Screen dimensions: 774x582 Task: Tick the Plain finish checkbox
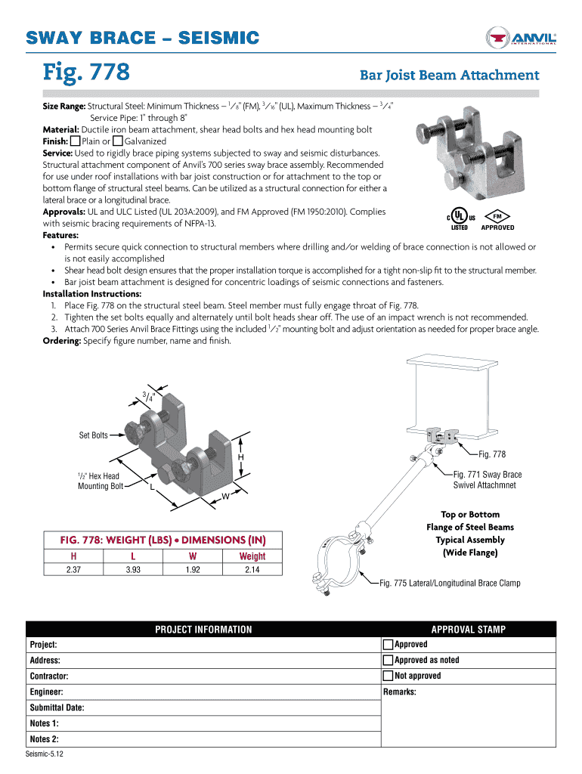click(x=75, y=141)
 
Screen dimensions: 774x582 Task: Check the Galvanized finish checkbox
click(x=117, y=141)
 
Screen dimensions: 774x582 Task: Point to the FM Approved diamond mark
click(x=497, y=215)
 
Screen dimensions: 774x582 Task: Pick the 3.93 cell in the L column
click(x=133, y=569)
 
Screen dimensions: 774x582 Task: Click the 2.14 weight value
click(x=252, y=569)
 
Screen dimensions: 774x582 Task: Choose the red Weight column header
click(x=252, y=556)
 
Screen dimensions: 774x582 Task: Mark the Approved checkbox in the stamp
click(x=389, y=645)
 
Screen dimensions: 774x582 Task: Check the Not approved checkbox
click(x=389, y=676)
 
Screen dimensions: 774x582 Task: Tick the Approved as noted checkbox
click(x=389, y=661)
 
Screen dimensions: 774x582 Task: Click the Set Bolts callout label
click(x=94, y=435)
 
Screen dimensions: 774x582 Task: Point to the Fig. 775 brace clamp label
click(x=450, y=583)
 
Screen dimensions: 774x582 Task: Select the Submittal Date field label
click(x=57, y=707)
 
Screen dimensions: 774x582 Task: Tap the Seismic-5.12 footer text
click(x=45, y=755)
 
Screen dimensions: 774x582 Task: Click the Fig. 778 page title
click(x=87, y=73)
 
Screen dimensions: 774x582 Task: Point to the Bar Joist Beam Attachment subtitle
click(x=449, y=75)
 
